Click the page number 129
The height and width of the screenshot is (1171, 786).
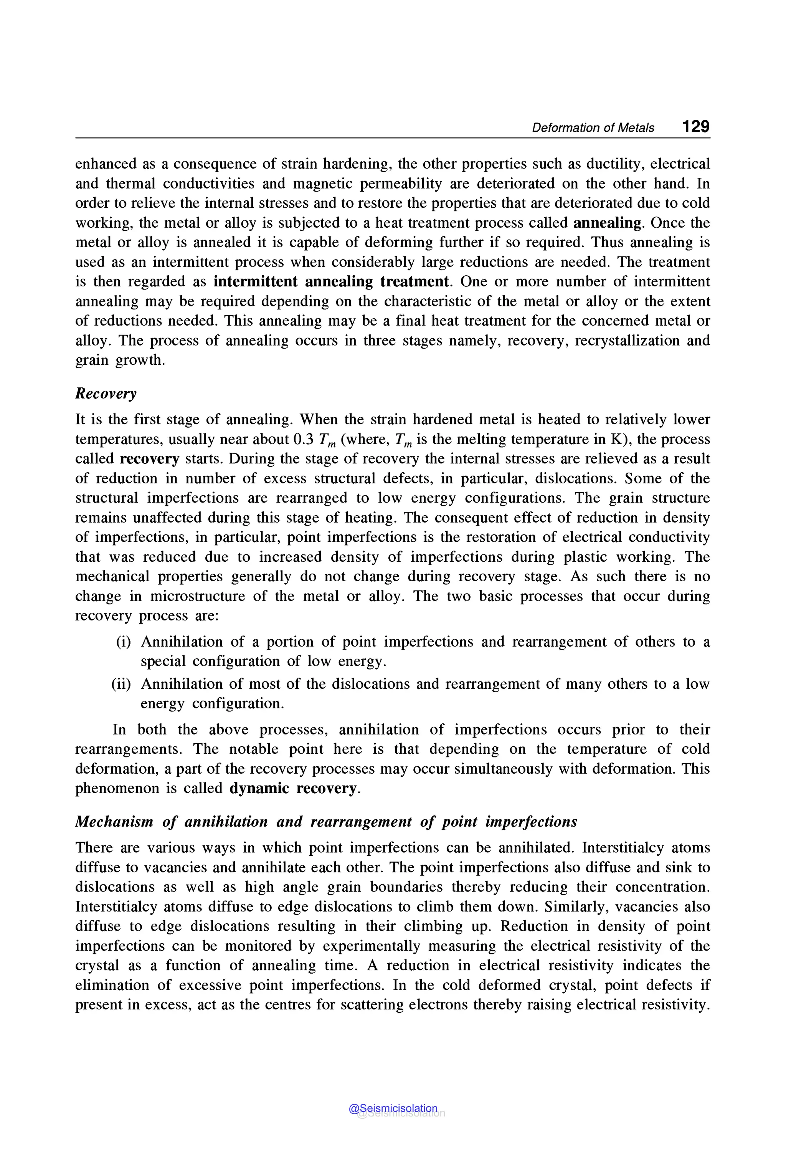tap(695, 126)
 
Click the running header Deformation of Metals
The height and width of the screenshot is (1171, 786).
tap(593, 128)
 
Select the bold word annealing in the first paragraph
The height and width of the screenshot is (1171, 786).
tap(606, 223)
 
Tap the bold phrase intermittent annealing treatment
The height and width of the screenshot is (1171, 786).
tap(331, 281)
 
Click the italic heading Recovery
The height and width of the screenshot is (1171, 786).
tap(106, 394)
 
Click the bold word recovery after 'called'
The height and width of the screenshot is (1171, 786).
tap(149, 459)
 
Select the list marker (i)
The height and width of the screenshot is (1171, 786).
tap(123, 642)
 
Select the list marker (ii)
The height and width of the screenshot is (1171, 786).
tap(121, 684)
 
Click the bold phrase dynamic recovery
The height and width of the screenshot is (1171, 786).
tap(293, 788)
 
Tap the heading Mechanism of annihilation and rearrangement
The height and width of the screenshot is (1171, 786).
tap(326, 822)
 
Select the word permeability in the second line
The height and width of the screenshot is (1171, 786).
tap(401, 184)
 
